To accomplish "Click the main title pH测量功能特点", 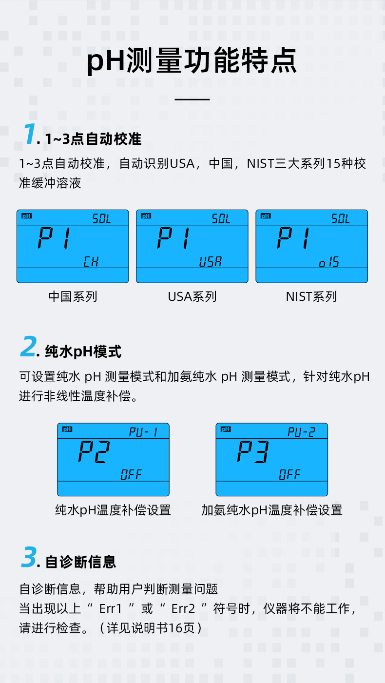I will (192, 61).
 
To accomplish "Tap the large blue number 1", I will (29, 134).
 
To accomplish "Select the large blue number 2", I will (29, 347).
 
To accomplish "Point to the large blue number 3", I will (29, 558).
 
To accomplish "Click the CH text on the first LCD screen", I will (91, 262).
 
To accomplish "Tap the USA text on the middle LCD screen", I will (210, 262).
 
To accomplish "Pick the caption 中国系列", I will (73, 296).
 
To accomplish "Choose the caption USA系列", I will (192, 296).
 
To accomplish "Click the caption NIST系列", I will (311, 296).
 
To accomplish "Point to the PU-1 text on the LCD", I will (143, 432).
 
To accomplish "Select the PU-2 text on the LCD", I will (301, 432).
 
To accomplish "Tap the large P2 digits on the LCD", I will (94, 452).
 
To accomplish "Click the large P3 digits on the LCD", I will (252, 452).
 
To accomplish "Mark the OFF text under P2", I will (131, 474).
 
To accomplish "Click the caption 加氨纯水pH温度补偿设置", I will (272, 510).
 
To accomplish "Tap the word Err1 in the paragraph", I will (110, 609).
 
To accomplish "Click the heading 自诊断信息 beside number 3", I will (81, 562).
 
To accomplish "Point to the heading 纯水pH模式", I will (83, 351).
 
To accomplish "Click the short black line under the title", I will (192, 99).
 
